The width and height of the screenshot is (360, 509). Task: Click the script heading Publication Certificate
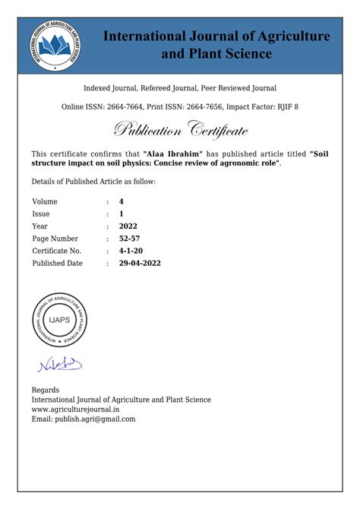181,130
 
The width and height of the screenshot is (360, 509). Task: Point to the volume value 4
122,201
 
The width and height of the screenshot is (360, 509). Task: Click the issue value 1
122,213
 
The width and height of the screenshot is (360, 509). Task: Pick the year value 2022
128,226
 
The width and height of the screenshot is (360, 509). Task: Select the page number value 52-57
130,239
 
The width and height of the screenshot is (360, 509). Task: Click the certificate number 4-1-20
131,251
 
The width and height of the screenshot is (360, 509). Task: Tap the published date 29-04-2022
140,263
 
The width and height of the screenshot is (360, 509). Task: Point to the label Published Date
57,263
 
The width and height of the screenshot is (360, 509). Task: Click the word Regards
46,390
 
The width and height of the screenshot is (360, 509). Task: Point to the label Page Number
55,239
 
